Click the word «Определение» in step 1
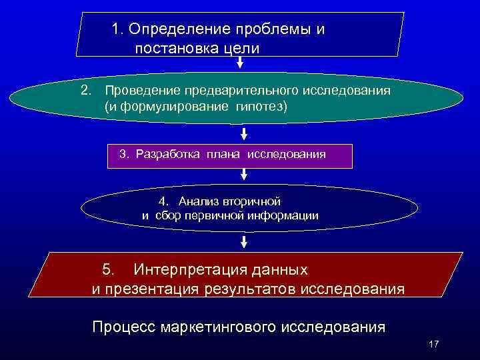click(172, 29)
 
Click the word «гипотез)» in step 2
click(260, 107)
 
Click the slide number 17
click(434, 344)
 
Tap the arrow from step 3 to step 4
click(244, 174)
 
